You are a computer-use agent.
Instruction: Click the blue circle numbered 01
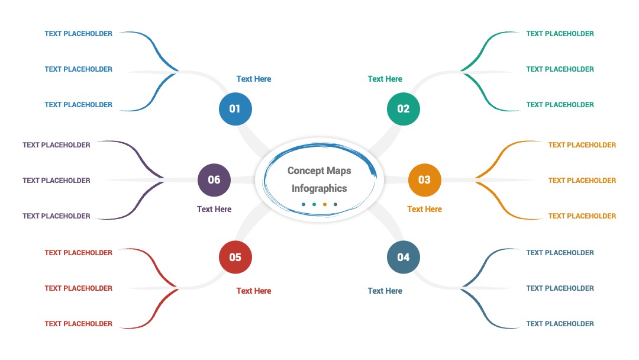click(x=235, y=109)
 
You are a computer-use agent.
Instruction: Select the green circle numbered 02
click(x=403, y=109)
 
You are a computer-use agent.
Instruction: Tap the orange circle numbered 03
click(x=425, y=180)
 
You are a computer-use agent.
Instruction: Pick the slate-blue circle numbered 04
click(x=403, y=257)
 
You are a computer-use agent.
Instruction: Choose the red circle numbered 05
click(x=235, y=257)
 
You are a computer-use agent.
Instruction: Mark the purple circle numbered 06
click(x=214, y=180)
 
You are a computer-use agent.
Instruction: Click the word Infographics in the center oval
click(x=319, y=189)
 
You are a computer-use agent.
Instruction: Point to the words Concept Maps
click(x=319, y=171)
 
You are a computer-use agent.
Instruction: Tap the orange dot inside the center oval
click(x=325, y=204)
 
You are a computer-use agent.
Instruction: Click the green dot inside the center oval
click(x=314, y=204)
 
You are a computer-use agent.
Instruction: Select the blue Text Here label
click(x=253, y=79)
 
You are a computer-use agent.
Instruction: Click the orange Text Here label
click(x=424, y=209)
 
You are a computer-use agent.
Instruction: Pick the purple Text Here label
click(x=214, y=209)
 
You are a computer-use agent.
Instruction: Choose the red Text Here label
click(x=253, y=291)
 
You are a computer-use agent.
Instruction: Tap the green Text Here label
click(x=385, y=79)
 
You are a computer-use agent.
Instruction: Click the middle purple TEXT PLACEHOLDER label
click(x=56, y=180)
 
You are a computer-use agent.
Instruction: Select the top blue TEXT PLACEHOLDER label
click(x=78, y=33)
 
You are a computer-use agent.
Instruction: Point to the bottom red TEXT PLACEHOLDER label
click(x=78, y=324)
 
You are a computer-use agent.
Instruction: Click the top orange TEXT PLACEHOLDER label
click(x=582, y=144)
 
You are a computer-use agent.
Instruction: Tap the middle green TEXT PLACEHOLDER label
click(x=560, y=69)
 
